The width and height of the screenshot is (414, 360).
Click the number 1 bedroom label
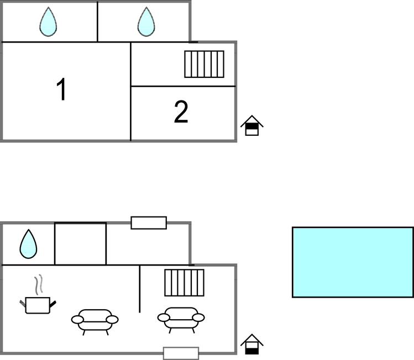[x=61, y=89]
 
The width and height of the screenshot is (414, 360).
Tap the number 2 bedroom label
[x=181, y=112]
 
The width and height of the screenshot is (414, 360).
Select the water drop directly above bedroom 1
[x=48, y=22]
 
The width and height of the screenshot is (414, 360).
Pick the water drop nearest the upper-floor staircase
[x=146, y=22]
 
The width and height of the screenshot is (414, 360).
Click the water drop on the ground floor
[x=29, y=244]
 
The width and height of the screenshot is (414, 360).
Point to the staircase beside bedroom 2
[x=204, y=64]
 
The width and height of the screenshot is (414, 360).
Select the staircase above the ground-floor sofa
[x=184, y=283]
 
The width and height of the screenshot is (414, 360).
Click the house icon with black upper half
[x=251, y=125]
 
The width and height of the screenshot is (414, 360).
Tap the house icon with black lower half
[x=251, y=344]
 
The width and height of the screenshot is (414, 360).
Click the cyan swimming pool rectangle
[x=353, y=262]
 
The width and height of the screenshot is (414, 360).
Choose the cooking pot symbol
[x=38, y=305]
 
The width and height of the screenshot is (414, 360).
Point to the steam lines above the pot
[x=39, y=284]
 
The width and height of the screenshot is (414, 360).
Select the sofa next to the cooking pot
[x=95, y=322]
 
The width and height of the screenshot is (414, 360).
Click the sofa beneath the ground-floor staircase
[x=181, y=320]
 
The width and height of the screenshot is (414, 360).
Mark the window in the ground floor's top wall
[x=149, y=223]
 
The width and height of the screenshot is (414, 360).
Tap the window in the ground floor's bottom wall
[x=181, y=353]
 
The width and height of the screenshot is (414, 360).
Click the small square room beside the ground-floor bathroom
[x=81, y=243]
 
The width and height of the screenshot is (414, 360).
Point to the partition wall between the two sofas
[x=140, y=289]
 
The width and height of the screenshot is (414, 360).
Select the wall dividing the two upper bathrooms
[x=97, y=22]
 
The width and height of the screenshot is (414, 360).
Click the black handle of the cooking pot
[x=53, y=304]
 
